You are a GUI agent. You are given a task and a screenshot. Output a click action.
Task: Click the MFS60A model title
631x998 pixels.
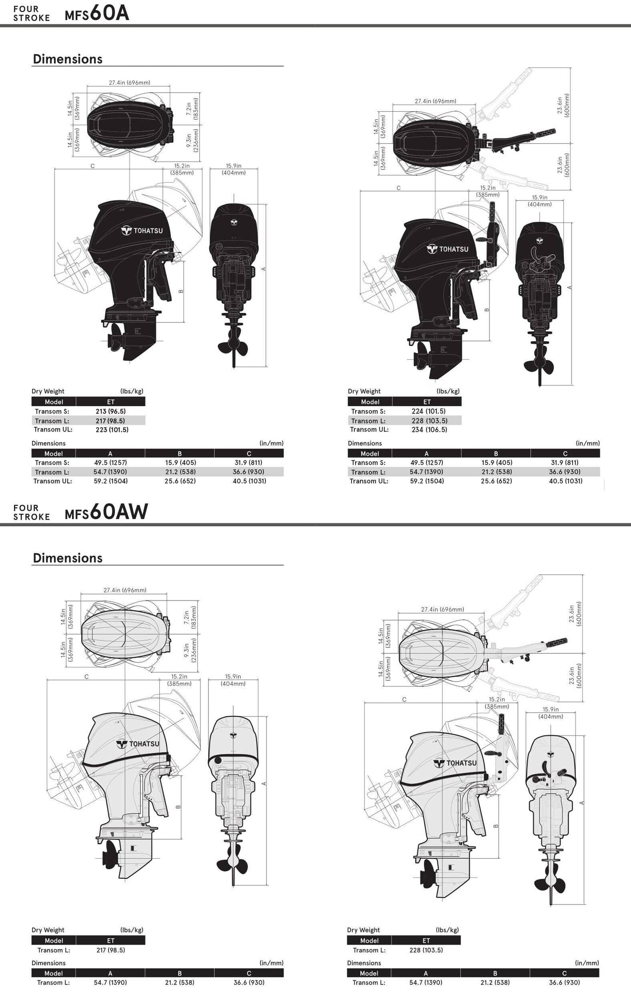pyautogui.click(x=97, y=14)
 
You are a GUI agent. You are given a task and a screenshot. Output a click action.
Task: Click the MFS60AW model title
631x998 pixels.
pyautogui.click(x=106, y=512)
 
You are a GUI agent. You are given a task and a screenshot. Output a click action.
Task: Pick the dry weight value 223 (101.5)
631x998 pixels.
pyautogui.click(x=112, y=430)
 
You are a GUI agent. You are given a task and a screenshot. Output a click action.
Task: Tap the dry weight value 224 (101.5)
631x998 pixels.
pyautogui.click(x=428, y=411)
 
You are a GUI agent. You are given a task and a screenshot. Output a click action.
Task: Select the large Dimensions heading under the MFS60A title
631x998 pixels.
pyautogui.click(x=68, y=59)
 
